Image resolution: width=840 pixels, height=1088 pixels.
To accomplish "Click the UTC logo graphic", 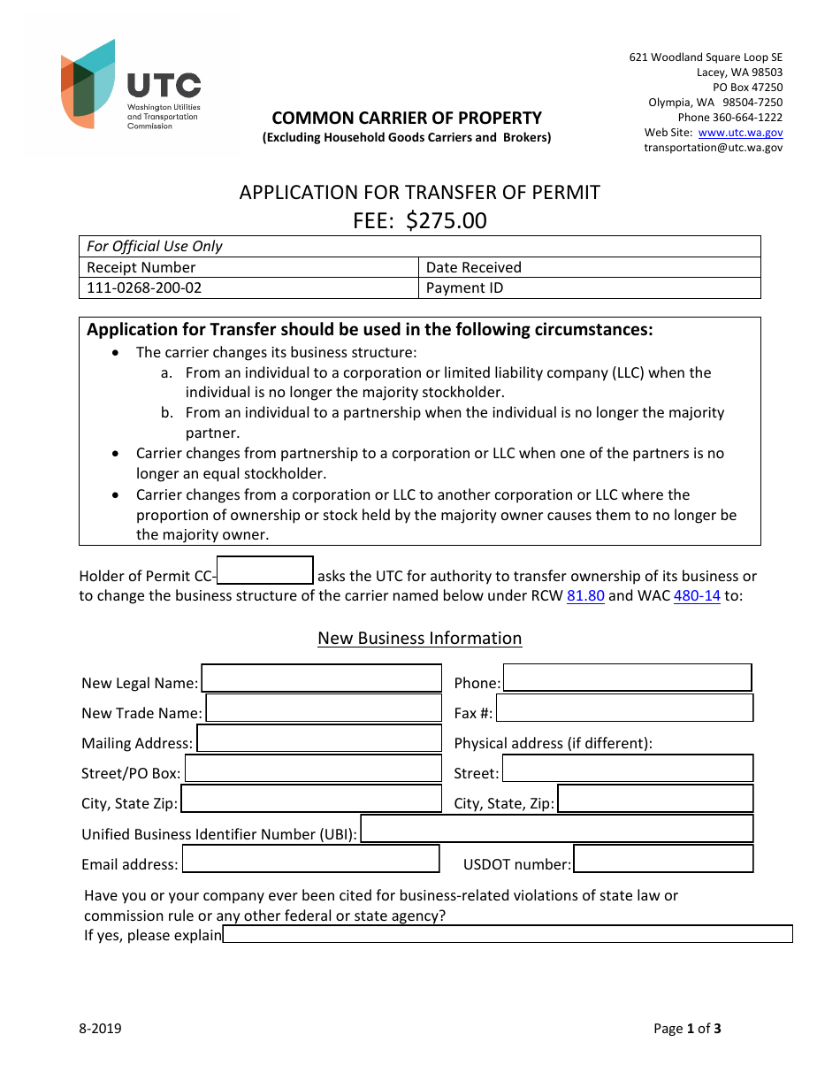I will coord(88,84).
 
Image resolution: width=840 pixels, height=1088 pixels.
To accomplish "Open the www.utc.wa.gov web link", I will coord(740,133).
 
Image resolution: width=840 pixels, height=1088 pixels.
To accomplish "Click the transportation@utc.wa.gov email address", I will coord(713,148).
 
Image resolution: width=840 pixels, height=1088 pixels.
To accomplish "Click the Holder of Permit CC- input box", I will coord(265,571).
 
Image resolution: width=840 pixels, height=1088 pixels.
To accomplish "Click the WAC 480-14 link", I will coord(697,595).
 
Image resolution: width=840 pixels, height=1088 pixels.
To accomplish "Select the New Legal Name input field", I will coord(321,678).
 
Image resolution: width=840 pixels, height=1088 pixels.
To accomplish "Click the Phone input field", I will coord(627,678).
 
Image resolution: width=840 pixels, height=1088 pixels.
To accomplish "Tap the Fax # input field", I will coord(624,708).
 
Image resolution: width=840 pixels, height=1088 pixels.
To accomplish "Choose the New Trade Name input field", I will coord(323,708).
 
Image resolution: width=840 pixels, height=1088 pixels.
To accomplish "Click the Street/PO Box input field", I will coord(312,769).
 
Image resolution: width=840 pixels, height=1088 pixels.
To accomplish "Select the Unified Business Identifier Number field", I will coord(557,829).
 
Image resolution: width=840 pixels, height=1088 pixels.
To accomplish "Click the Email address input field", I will coord(310,859).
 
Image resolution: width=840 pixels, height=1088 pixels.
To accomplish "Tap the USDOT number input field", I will coord(663,859).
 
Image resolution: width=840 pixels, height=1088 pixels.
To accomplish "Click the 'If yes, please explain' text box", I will coord(508,935).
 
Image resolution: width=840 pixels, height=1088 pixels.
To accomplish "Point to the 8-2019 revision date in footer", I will coord(100,1028).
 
